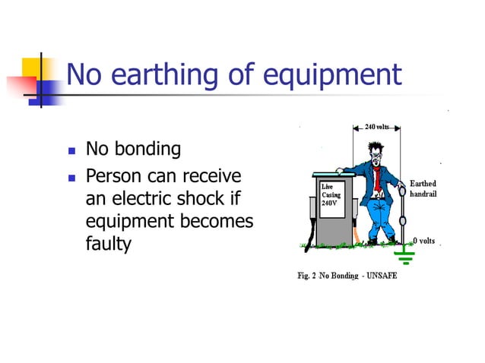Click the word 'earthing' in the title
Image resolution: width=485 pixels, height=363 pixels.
pos(160,75)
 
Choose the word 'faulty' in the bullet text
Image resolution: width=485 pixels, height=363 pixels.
pos(109,244)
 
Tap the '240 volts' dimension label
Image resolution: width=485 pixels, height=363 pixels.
pos(378,126)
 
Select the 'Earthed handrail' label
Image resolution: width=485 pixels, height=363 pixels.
pos(423,189)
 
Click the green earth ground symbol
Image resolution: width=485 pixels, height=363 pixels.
pos(406,257)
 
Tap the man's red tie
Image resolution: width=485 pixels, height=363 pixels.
pos(376,180)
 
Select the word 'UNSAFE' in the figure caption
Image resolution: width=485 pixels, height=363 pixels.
pos(379,275)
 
